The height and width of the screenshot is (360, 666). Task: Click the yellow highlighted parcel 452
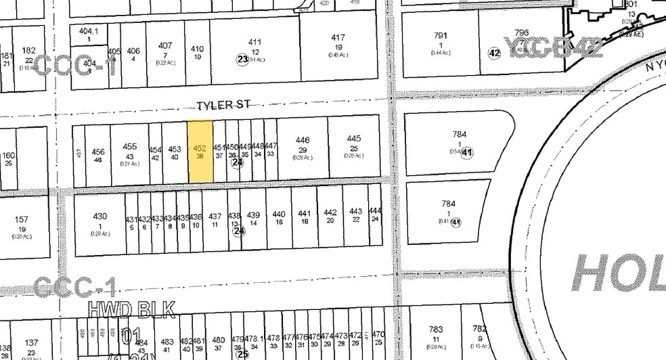pos(200,152)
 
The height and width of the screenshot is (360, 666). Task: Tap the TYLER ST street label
pos(219,106)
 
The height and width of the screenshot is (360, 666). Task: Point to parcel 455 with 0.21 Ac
pos(129,152)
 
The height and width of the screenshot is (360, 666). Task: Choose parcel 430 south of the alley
pos(99,221)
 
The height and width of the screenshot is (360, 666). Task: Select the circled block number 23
pos(242,60)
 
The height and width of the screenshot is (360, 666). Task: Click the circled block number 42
pos(494,53)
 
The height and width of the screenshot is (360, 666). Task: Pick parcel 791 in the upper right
pos(441,41)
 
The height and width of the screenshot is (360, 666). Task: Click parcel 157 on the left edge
pos(21,224)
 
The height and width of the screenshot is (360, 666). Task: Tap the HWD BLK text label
pos(132,309)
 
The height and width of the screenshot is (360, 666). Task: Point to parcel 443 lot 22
pos(355,216)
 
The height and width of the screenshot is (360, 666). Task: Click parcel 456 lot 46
pos(98,156)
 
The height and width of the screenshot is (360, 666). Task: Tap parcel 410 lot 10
pos(197,52)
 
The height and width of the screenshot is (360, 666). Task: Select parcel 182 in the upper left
pos(28,54)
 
